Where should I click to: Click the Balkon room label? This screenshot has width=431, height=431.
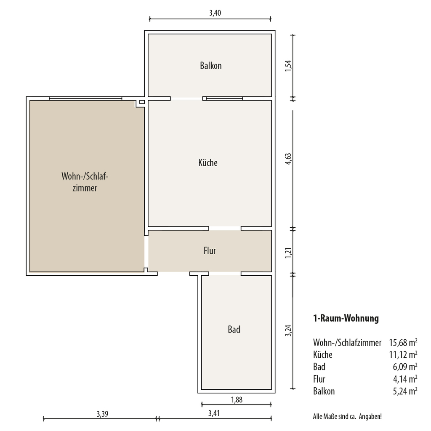click(211, 66)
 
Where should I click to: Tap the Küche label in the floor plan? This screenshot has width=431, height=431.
click(208, 162)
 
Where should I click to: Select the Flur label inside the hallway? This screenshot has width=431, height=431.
click(210, 251)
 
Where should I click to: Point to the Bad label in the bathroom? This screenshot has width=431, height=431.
click(234, 329)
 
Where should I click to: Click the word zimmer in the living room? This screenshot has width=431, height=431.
click(85, 188)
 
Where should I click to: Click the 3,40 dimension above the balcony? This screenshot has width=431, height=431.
click(215, 13)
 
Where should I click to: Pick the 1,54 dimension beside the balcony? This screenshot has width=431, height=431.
click(288, 66)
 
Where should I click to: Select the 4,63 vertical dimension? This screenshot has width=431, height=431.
click(288, 159)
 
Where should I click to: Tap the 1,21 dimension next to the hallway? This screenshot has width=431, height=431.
click(288, 253)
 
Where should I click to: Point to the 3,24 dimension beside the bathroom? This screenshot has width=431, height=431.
click(288, 331)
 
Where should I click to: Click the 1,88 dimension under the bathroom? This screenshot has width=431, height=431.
click(237, 400)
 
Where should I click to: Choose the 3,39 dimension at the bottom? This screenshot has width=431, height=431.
click(102, 414)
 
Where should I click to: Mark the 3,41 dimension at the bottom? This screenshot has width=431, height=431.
click(214, 413)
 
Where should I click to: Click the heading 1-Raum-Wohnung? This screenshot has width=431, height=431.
click(346, 318)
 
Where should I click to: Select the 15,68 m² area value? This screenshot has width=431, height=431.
click(403, 343)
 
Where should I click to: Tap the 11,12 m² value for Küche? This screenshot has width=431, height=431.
click(403, 355)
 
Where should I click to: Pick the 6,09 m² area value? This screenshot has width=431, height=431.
click(405, 367)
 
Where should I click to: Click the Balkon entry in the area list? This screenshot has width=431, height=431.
click(324, 391)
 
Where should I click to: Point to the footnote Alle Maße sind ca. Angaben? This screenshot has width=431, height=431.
click(347, 416)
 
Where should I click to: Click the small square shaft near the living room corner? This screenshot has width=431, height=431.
click(142, 102)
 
